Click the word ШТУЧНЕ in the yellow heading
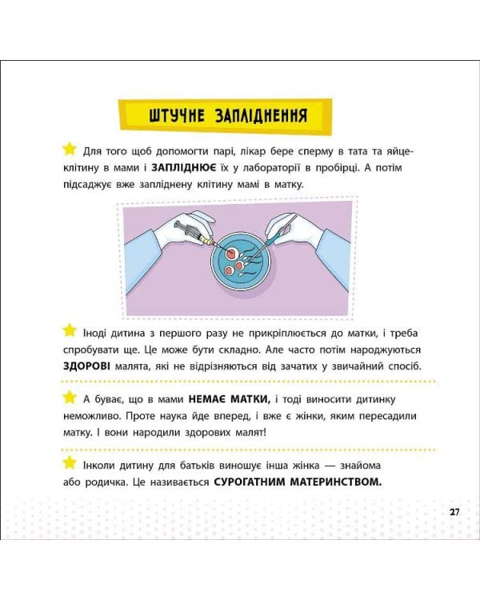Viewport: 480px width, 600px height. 177,114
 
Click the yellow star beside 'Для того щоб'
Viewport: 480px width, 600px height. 69,149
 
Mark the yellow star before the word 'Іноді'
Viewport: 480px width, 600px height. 69,330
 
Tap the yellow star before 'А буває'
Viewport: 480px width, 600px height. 69,398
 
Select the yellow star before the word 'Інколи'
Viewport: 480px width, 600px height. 69,464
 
